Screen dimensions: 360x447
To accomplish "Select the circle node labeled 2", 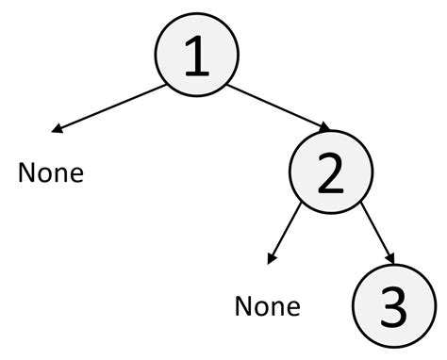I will tap(331, 175).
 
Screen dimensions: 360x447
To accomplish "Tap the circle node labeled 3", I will tap(394, 306).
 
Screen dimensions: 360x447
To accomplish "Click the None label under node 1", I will tap(51, 173).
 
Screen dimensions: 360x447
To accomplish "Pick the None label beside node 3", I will tap(267, 305).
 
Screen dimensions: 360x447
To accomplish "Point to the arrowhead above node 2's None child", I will tap(273, 258).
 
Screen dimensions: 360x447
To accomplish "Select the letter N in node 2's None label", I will tap(243, 305).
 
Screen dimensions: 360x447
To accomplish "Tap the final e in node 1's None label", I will tap(75, 174).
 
